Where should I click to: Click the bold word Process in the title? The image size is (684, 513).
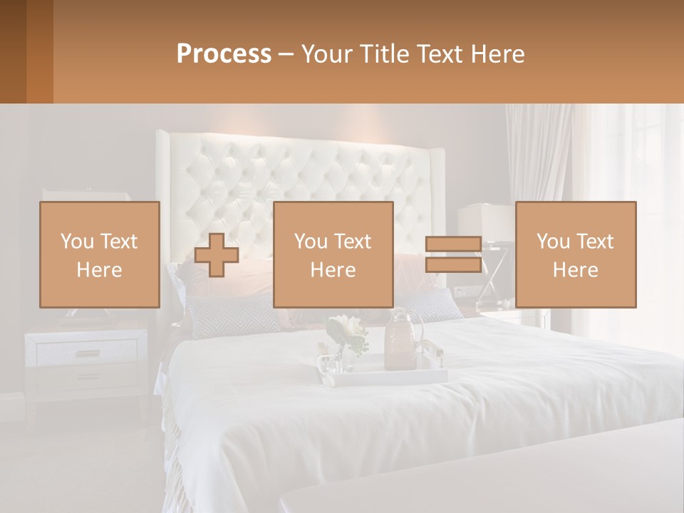pos(224,54)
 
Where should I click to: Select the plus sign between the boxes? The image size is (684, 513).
pos(217,255)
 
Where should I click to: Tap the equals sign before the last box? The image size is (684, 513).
pos(453,254)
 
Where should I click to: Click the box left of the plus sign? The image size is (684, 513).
pos(100,254)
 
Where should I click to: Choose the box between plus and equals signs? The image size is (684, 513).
pos(333,254)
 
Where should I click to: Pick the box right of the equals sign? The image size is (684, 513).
pos(576,254)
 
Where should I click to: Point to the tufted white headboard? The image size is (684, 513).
pos(299,171)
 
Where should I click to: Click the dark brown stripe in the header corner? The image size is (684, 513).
pos(13,51)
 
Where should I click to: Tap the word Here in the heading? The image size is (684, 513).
pos(499,54)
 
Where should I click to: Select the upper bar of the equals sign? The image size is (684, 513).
pos(453,244)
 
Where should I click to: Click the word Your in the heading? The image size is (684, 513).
pos(328,54)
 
